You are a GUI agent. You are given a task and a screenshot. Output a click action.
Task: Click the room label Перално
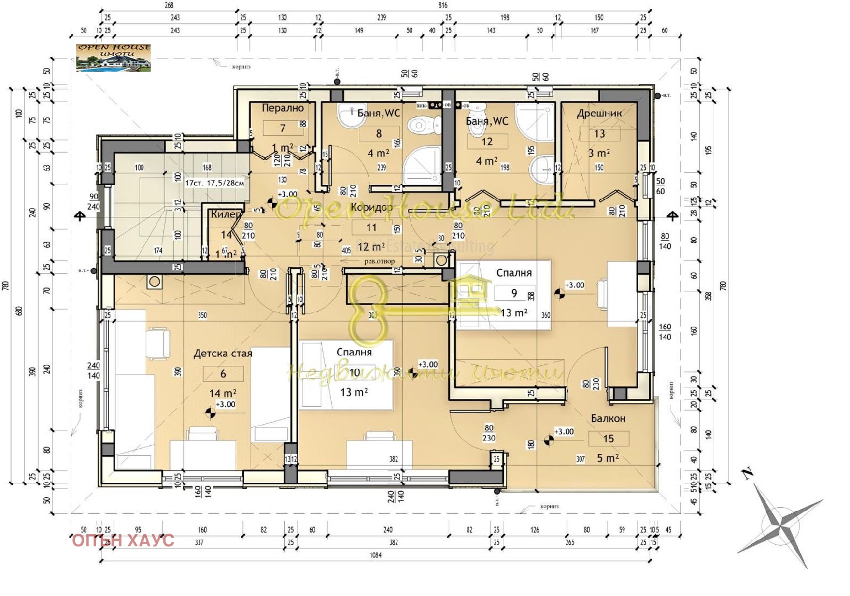click(x=282, y=108)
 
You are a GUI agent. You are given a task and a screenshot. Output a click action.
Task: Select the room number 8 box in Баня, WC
click(x=379, y=134)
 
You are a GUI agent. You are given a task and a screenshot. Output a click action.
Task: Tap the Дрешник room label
click(x=599, y=113)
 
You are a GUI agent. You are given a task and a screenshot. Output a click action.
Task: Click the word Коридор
click(x=371, y=208)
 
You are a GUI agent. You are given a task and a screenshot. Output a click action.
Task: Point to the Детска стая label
click(x=222, y=353)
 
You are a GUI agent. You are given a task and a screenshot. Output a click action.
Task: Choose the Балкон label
click(x=608, y=418)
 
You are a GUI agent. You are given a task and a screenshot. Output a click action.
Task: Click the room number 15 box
click(x=608, y=439)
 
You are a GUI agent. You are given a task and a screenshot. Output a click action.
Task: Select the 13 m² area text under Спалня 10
click(x=354, y=392)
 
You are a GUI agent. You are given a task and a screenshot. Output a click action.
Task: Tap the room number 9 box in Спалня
click(x=514, y=293)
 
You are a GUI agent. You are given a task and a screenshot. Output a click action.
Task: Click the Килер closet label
click(x=226, y=214)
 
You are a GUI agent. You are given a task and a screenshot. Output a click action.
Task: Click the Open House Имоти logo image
click(x=113, y=58)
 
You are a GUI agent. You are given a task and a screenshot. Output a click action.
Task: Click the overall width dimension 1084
click(x=375, y=555)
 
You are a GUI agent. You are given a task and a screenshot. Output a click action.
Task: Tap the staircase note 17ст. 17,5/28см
click(x=214, y=183)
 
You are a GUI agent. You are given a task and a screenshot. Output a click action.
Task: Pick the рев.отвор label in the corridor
click(x=376, y=262)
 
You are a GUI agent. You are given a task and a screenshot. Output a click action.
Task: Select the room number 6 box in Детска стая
click(x=223, y=374)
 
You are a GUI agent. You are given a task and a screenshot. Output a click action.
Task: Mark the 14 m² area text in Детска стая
click(x=223, y=393)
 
